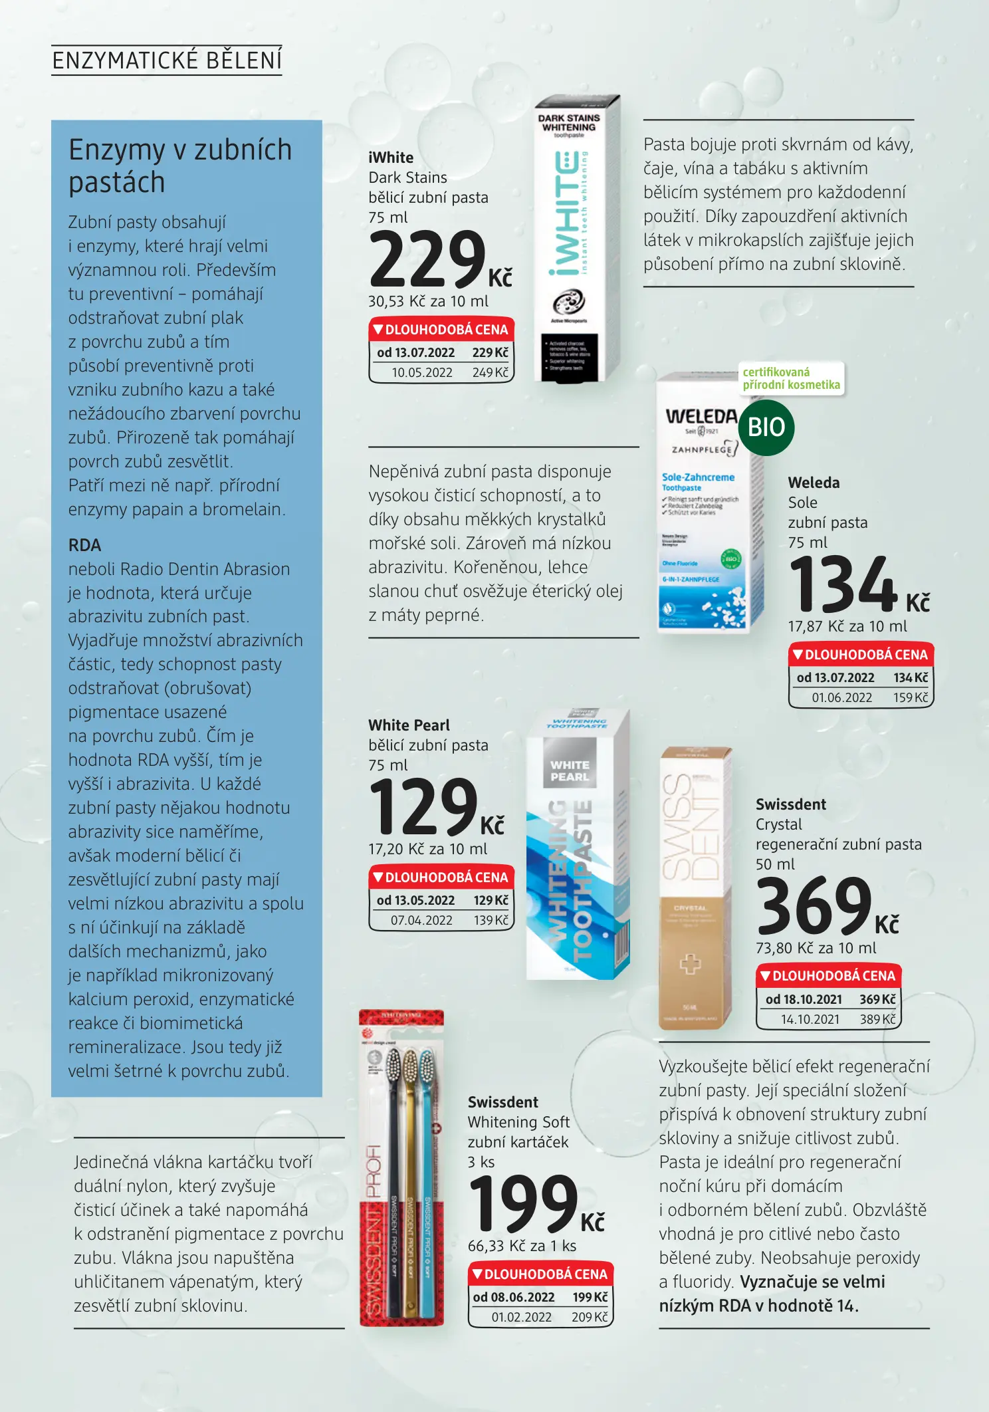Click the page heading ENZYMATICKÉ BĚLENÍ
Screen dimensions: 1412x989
tap(167, 60)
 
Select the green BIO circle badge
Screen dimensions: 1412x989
tap(766, 427)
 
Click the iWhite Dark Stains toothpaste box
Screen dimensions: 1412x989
tap(576, 239)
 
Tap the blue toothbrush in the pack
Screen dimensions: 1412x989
tap(426, 1183)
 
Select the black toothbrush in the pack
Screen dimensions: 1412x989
tap(393, 1183)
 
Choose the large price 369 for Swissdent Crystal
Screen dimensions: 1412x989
tap(814, 906)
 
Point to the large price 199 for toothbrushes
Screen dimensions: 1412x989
tap(524, 1204)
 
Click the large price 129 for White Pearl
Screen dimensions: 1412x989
tap(423, 808)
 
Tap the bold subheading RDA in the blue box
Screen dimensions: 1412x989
tap(84, 545)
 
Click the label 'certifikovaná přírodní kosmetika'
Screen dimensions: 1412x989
tap(791, 379)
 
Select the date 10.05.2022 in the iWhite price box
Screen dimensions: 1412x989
tap(421, 373)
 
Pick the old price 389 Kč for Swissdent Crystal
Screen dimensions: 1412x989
tap(877, 1019)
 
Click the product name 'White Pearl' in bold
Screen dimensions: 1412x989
tap(409, 725)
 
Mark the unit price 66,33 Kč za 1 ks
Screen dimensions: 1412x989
tap(522, 1246)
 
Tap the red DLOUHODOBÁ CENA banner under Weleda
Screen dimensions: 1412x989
tap(860, 655)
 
